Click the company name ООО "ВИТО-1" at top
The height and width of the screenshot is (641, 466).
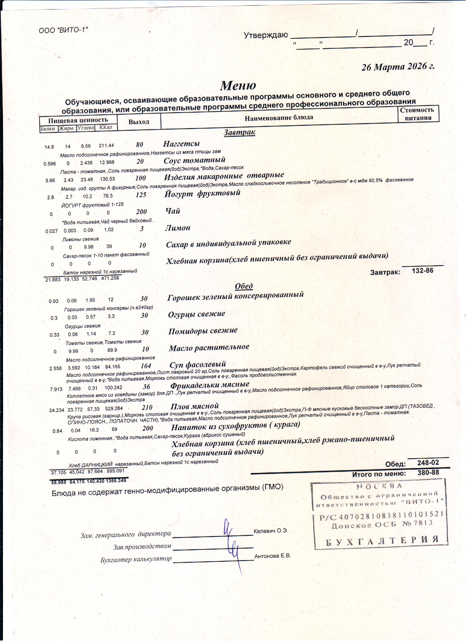[64, 30]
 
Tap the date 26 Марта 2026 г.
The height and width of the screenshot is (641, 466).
[398, 67]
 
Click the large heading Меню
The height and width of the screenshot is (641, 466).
[238, 85]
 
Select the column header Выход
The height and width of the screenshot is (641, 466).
[139, 122]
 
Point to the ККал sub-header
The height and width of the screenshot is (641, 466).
[106, 127]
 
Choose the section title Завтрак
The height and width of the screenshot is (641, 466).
[239, 132]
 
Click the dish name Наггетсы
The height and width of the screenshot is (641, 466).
[181, 144]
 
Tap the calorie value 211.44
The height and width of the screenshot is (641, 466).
[106, 146]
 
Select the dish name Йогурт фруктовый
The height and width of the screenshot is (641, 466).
[202, 193]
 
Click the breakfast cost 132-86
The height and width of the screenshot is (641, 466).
[422, 271]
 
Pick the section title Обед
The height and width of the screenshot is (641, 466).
[244, 286]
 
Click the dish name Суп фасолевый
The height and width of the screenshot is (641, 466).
[198, 364]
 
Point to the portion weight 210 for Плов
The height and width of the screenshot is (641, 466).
[147, 407]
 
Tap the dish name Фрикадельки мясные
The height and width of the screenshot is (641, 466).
[209, 385]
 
